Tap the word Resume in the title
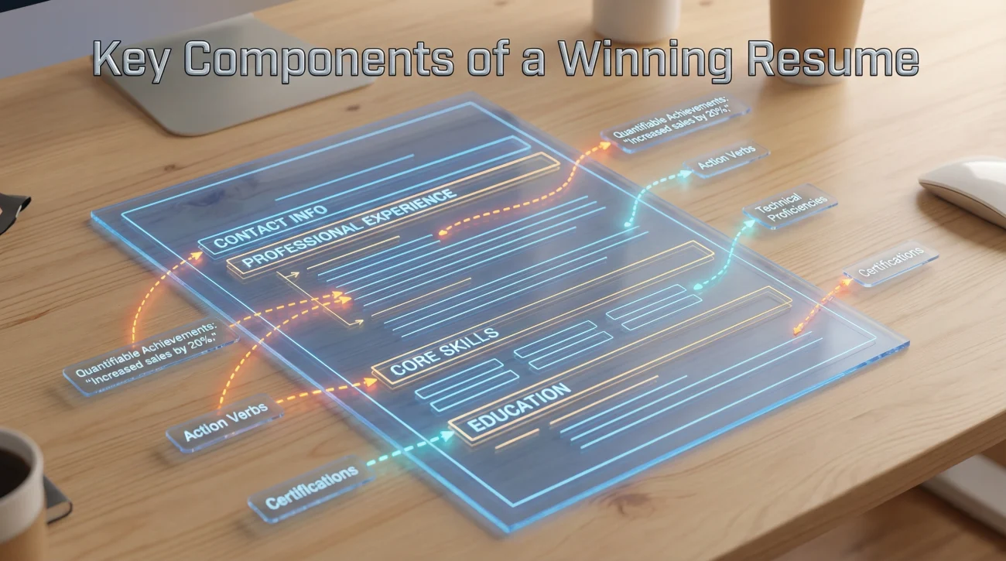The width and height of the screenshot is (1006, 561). (833, 59)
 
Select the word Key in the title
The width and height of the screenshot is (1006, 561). (131, 61)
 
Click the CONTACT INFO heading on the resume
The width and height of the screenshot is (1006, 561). (270, 227)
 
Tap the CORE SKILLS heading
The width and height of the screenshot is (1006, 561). (444, 352)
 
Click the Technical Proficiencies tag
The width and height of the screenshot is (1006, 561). (790, 207)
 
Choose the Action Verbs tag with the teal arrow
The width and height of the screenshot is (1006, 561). (726, 158)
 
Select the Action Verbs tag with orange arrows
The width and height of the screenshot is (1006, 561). (225, 422)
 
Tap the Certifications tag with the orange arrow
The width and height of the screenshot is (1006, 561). (891, 263)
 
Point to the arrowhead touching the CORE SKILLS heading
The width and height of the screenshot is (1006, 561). (371, 382)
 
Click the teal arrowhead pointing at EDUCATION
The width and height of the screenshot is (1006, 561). (448, 435)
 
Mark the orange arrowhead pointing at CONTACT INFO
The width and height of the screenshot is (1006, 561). (197, 255)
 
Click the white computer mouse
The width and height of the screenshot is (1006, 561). (966, 189)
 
